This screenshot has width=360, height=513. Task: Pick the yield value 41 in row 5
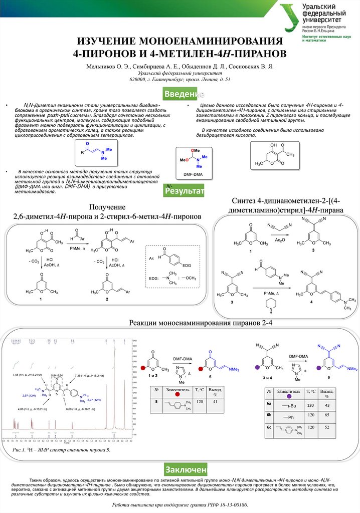pyautogui.click(x=216, y=402)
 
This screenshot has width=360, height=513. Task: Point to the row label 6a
pyautogui.click(x=270, y=404)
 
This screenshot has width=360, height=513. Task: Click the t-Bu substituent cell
pyautogui.click(x=288, y=405)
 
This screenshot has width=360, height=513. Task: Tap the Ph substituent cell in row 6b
pyautogui.click(x=288, y=416)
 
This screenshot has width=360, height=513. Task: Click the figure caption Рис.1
pyautogui.click(x=21, y=450)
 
